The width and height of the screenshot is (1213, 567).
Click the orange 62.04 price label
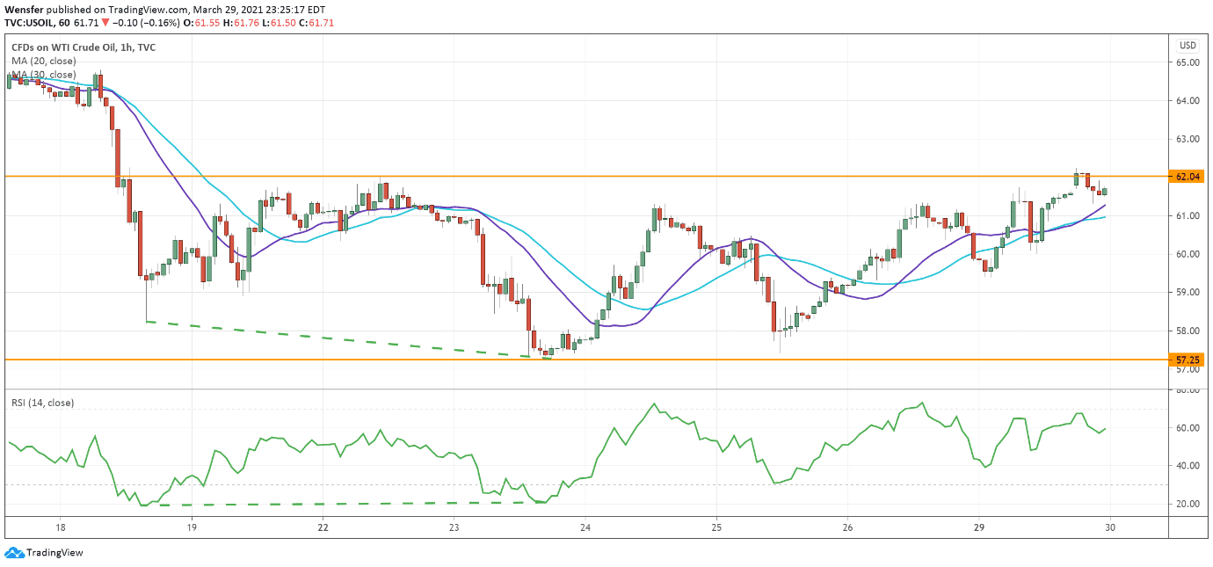[1188, 177]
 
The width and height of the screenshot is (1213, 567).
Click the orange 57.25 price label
[1188, 360]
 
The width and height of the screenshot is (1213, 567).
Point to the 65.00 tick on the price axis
[1188, 62]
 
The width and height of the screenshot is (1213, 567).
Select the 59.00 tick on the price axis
[1188, 292]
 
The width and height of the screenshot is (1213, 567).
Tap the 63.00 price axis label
[1188, 139]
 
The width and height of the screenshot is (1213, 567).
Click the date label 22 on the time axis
[323, 527]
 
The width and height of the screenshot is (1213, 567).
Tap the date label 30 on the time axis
[1110, 527]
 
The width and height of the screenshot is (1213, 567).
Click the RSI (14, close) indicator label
[42, 403]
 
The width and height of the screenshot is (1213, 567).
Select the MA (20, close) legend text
[43, 61]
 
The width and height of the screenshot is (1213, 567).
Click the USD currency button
[1188, 46]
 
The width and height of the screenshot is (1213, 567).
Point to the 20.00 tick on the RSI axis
[1188, 504]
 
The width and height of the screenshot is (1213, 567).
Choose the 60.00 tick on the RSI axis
[1188, 428]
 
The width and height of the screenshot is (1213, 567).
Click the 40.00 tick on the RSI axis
[1188, 466]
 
